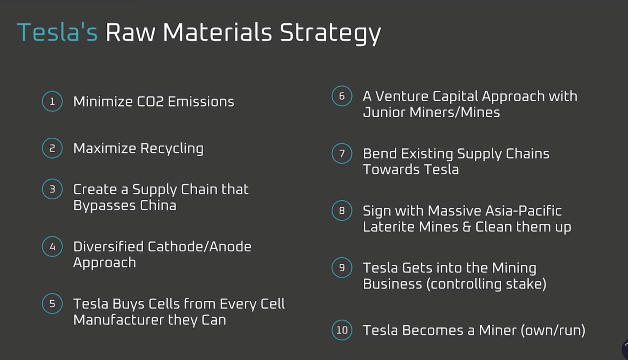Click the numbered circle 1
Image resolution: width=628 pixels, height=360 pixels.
(52, 101)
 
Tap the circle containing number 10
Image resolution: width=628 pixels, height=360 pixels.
(342, 330)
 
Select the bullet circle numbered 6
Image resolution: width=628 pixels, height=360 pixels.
(342, 96)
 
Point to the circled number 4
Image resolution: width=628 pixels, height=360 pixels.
(52, 246)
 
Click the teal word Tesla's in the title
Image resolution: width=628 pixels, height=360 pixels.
(57, 33)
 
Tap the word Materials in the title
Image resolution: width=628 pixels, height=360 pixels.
(217, 33)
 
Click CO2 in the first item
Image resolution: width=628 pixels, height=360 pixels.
(150, 101)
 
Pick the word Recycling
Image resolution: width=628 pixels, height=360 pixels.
(172, 149)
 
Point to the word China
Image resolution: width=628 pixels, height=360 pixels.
(158, 205)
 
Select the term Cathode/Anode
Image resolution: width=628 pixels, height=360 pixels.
(199, 246)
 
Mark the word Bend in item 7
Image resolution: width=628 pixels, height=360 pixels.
(379, 154)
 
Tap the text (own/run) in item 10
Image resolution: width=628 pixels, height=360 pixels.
(553, 330)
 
